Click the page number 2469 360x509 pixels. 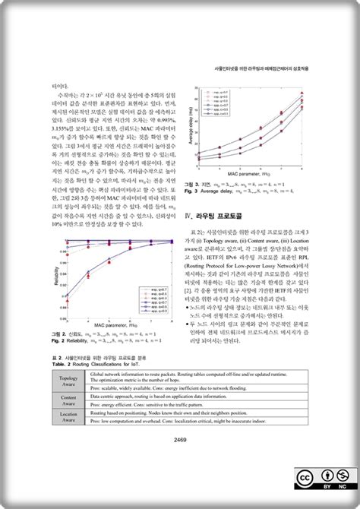pos(180,439)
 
